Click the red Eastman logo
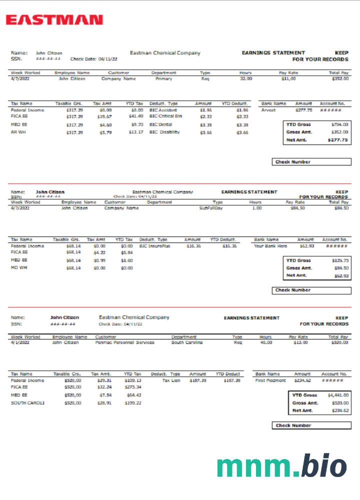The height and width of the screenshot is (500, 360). click(54, 20)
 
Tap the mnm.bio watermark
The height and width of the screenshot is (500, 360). click(281, 466)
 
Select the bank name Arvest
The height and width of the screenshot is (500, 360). click(268, 110)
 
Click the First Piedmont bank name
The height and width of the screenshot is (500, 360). click(270, 380)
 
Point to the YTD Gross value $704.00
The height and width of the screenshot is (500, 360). click(339, 124)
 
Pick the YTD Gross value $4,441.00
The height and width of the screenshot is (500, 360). click(338, 395)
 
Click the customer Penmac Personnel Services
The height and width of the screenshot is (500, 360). click(124, 342)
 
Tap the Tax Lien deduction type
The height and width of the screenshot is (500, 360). click(171, 380)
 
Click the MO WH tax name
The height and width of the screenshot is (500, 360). click(18, 267)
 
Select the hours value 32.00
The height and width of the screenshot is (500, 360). click(246, 78)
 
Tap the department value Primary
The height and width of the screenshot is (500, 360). click(163, 78)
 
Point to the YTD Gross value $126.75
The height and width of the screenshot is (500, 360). click(339, 260)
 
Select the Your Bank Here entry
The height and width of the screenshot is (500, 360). click(270, 246)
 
